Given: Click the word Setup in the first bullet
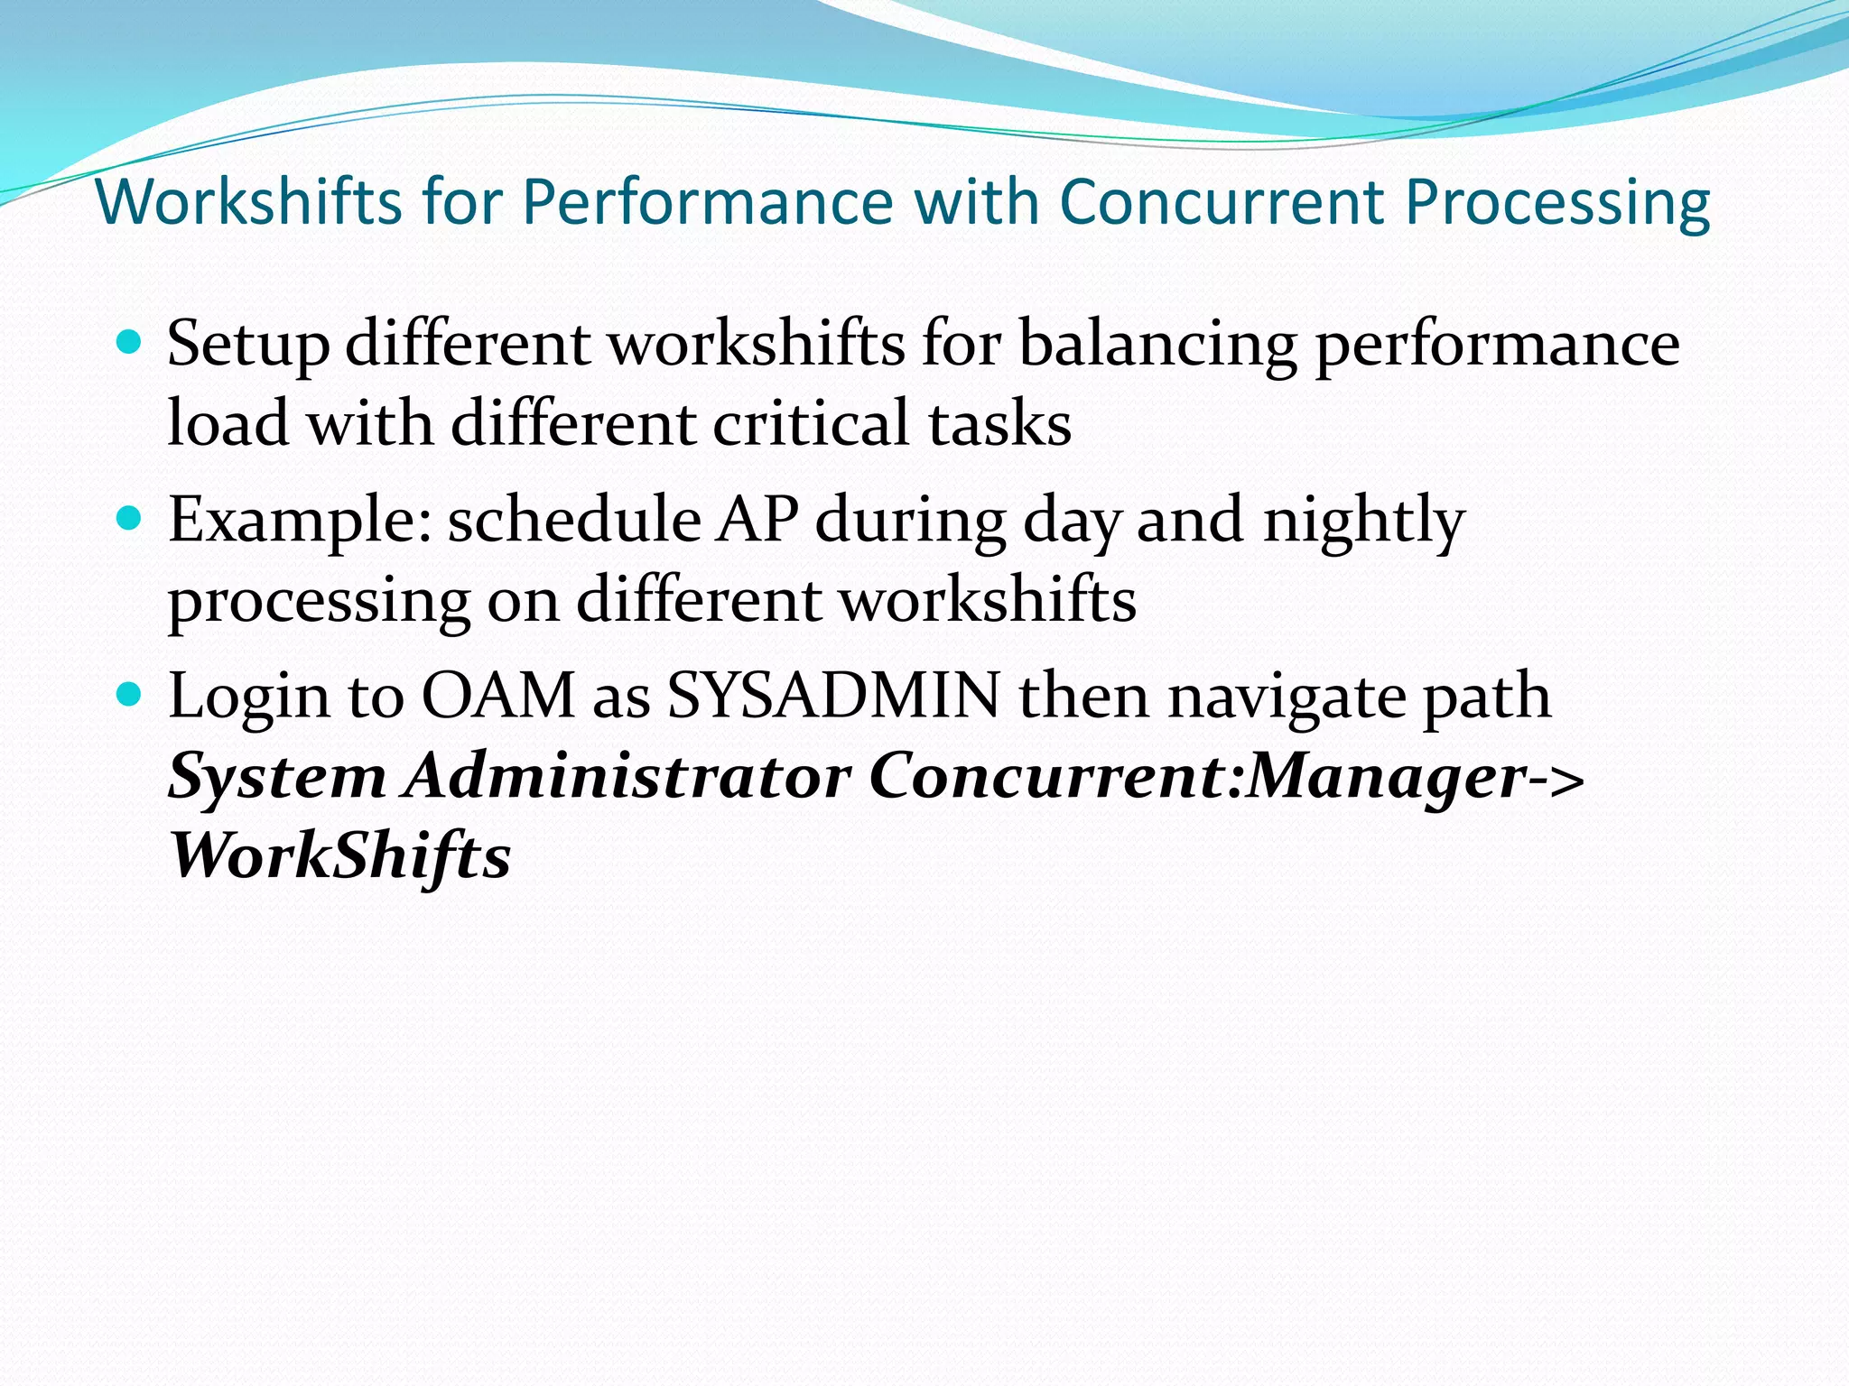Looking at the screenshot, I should (x=248, y=345).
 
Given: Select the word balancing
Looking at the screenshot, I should (x=1157, y=345).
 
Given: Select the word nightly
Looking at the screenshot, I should (x=1363, y=521).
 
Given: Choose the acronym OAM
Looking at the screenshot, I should (x=498, y=696).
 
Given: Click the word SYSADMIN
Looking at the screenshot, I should (x=833, y=696).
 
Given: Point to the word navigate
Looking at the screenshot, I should (x=1286, y=698).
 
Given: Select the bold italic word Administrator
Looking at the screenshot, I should (x=628, y=775).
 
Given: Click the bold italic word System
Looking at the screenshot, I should (x=277, y=777).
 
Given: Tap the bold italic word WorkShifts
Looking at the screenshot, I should (x=340, y=855).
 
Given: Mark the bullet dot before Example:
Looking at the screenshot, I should (x=130, y=518).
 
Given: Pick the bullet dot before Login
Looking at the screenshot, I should (x=130, y=694).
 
